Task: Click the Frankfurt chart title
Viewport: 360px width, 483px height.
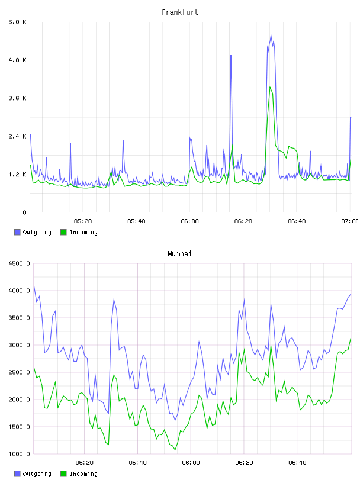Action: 180,12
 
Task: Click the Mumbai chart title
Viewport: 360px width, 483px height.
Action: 179,254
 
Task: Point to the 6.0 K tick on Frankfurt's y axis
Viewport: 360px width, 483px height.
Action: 18,22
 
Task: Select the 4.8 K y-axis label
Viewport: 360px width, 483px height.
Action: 18,60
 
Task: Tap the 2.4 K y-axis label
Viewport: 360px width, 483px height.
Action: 18,136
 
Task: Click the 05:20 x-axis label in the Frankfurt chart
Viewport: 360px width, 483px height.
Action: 83,221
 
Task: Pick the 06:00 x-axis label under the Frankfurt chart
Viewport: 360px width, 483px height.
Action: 190,221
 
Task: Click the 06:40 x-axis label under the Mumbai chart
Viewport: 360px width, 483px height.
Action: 297,462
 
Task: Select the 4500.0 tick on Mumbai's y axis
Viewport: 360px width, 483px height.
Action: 19,263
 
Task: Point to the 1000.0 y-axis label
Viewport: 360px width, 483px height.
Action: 19,454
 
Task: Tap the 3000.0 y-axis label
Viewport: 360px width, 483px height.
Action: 19,345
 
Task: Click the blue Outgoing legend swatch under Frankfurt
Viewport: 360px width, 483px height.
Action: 17,232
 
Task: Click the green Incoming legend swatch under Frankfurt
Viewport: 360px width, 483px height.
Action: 63,232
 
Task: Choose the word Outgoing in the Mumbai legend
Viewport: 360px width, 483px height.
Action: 37,474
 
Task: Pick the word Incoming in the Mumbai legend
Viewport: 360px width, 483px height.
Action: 83,474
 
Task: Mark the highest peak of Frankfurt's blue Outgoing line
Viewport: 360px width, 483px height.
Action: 271,34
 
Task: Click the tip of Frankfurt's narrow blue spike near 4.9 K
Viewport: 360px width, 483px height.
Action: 230,56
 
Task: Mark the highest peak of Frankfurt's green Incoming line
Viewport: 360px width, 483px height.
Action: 270,87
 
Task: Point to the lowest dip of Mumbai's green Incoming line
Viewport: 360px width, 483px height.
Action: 175,450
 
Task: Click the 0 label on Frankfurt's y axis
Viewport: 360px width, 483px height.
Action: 24,212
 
